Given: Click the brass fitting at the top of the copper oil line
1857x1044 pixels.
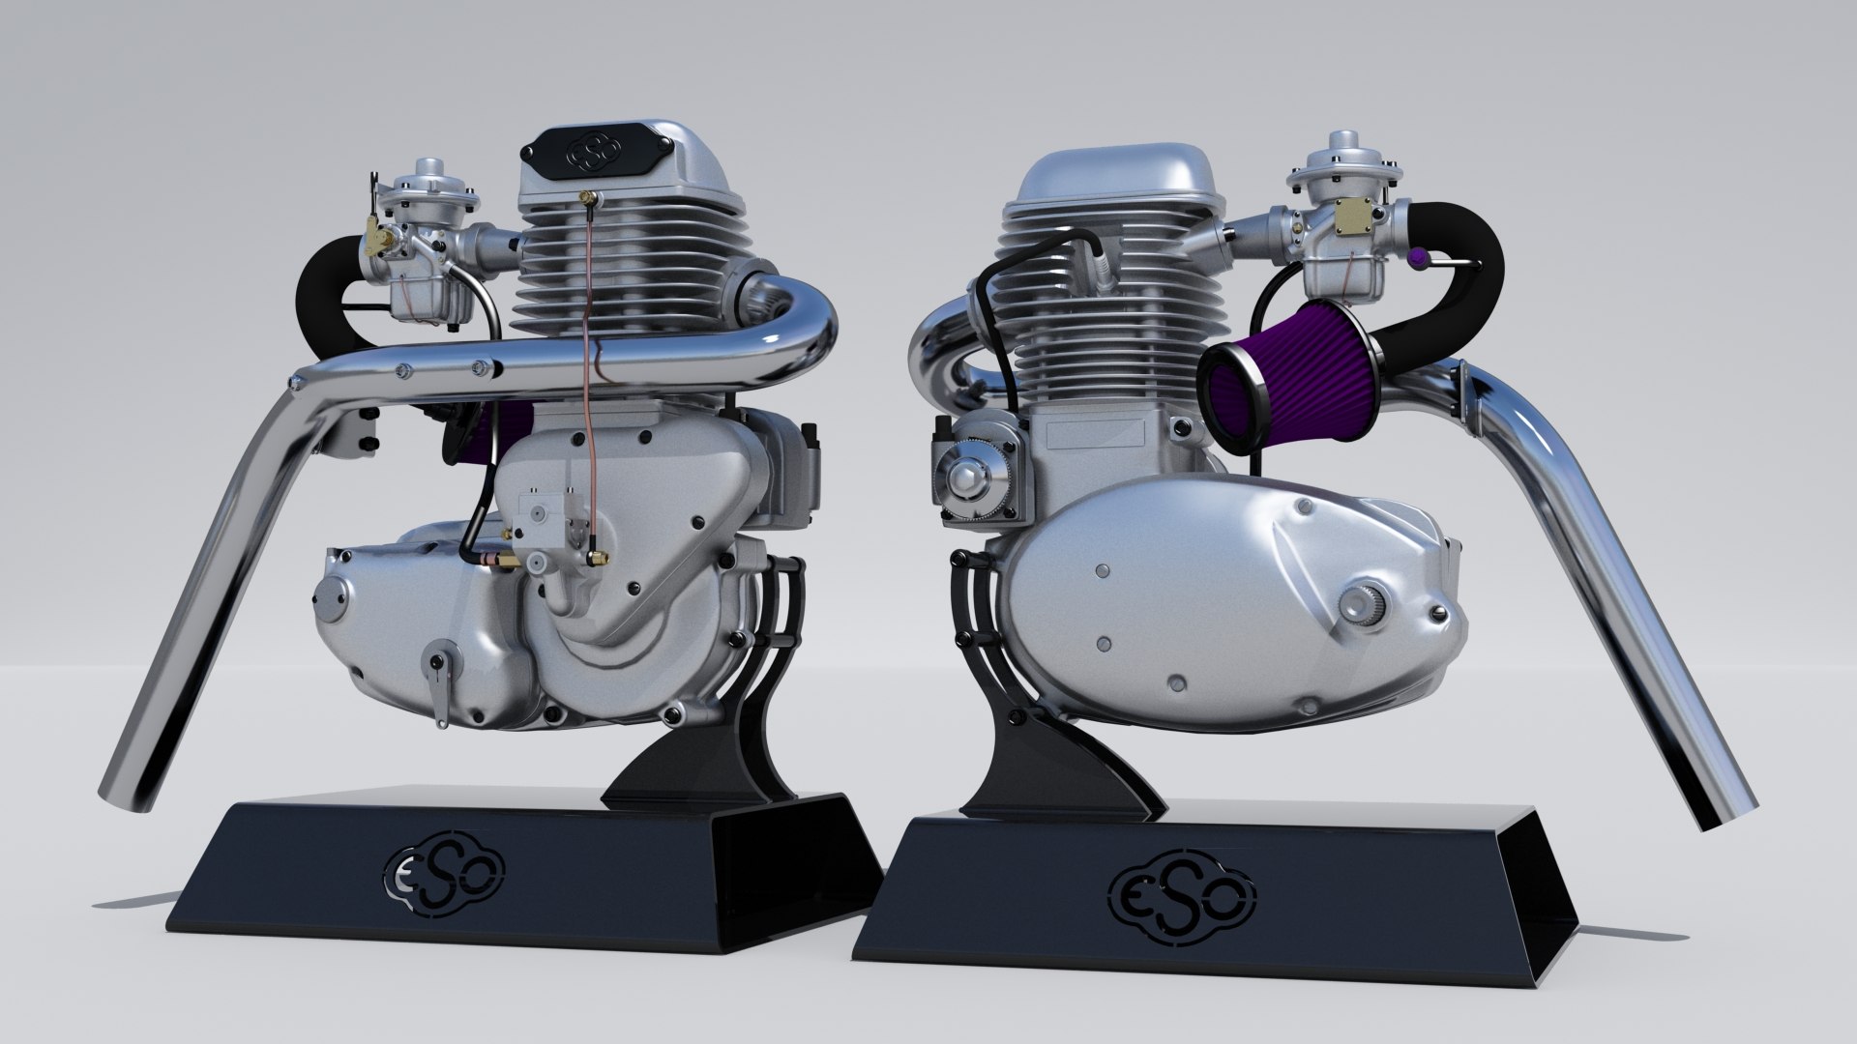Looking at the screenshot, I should tap(585, 198).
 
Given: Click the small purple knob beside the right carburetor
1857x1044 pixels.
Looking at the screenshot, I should tap(1418, 258).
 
